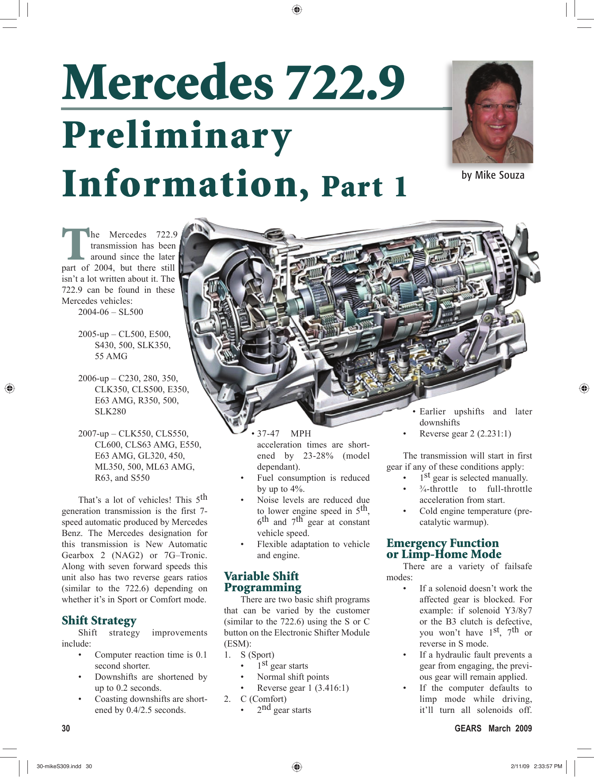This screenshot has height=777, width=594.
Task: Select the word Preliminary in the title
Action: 177,136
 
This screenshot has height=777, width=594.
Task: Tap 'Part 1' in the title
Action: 364,187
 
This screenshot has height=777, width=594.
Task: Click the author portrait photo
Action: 492,112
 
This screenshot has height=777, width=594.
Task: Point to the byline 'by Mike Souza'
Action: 493,176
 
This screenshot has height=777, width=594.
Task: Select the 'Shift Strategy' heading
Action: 99,620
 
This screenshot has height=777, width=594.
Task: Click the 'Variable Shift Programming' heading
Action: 263,582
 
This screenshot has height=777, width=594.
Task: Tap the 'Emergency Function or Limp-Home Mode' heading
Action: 444,548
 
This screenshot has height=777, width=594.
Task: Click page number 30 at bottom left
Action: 66,728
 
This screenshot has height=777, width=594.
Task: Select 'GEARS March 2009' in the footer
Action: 493,728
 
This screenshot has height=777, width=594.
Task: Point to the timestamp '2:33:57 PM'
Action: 548,766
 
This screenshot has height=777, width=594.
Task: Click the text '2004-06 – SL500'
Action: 110,312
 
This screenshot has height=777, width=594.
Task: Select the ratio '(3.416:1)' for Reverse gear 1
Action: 331,688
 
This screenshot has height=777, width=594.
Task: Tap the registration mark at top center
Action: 297,10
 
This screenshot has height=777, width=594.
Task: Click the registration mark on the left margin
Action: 10,388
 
